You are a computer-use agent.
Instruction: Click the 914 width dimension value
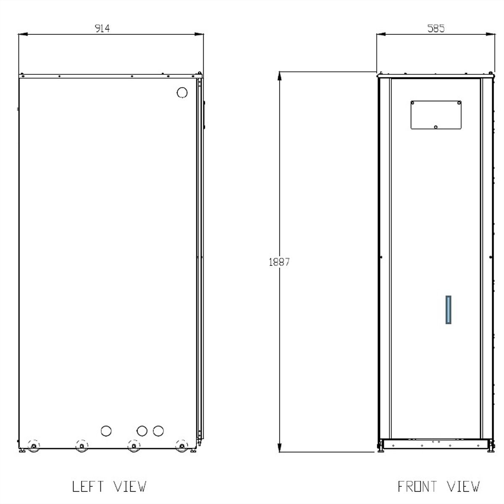click(102, 29)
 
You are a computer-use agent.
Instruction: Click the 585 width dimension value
click(436, 29)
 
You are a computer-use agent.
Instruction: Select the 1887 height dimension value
click(279, 262)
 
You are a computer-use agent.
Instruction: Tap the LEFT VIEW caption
click(109, 487)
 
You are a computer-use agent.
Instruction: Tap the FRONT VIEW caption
click(438, 487)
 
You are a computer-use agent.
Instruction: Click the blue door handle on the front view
click(448, 310)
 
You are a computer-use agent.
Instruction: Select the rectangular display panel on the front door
click(436, 115)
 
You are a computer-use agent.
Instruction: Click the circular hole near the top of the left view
click(182, 92)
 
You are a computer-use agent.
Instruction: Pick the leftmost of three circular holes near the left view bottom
click(106, 431)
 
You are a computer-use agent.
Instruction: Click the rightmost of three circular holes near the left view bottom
click(158, 431)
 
